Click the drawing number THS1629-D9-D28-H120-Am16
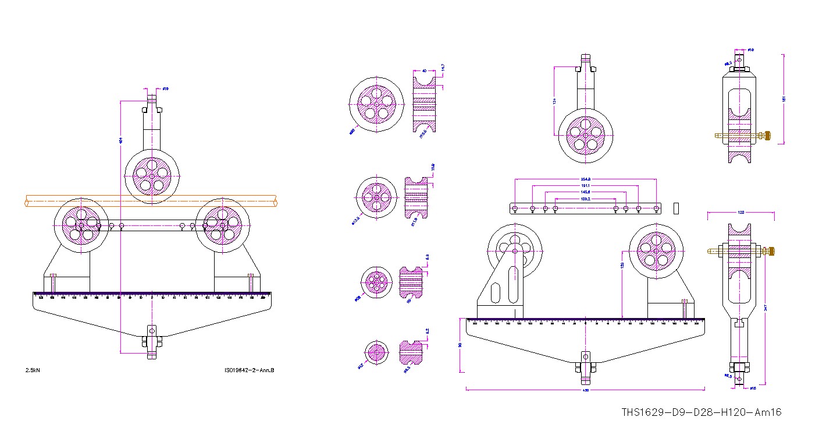701,412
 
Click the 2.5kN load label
33,370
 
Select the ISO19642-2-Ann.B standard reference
249,370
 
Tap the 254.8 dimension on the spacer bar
585,179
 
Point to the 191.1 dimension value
585,185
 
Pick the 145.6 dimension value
585,192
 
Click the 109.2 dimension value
585,198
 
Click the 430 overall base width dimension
585,390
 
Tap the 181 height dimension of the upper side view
784,99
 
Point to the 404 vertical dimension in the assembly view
120,140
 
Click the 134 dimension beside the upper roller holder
555,102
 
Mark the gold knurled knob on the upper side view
767,136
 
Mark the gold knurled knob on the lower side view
770,251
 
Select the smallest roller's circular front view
376,353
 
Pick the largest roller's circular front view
376,104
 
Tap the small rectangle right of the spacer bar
676,207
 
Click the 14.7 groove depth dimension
443,69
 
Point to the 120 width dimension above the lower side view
740,213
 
